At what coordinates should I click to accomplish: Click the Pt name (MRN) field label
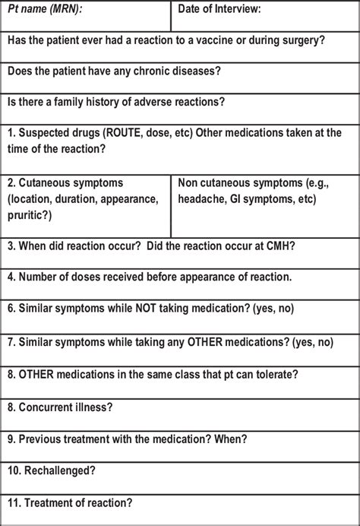click(46, 9)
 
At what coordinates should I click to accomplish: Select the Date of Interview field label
click(219, 9)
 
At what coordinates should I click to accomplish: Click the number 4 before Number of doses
click(10, 277)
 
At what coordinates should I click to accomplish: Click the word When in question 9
click(228, 439)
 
